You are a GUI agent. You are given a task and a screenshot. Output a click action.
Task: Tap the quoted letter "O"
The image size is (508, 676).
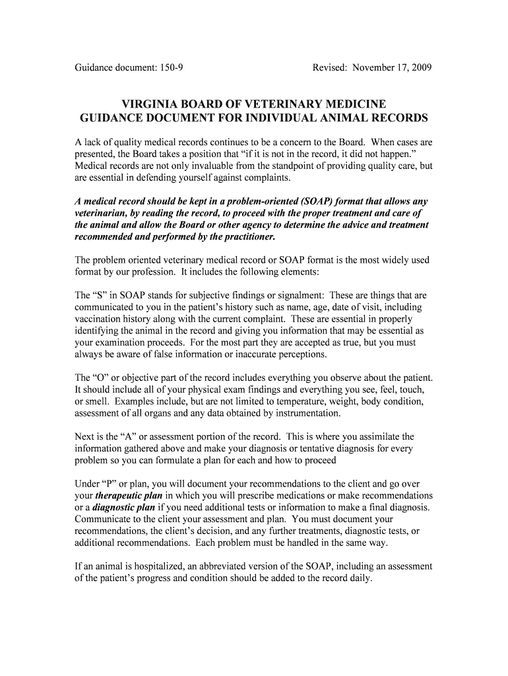click(107, 378)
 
